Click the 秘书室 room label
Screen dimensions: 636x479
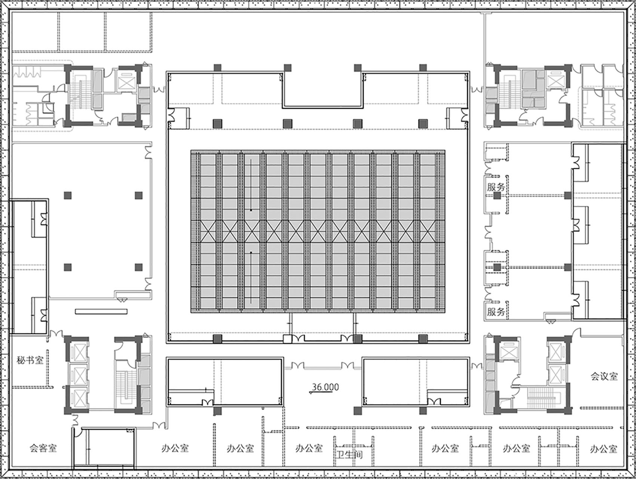click(30, 360)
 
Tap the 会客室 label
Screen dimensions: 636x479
click(43, 448)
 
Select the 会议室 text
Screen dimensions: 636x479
click(604, 376)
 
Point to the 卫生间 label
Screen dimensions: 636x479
click(349, 455)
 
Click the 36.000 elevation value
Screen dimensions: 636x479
click(325, 387)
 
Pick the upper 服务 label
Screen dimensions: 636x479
click(496, 187)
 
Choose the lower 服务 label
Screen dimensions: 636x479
click(496, 311)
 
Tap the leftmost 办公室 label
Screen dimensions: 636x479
click(175, 448)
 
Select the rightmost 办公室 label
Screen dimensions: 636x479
click(603, 448)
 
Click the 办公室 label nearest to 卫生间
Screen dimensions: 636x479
click(309, 448)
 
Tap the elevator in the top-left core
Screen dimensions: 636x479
click(126, 79)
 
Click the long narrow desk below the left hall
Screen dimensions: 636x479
click(101, 311)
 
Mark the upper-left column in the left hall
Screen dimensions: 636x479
click(68, 195)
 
